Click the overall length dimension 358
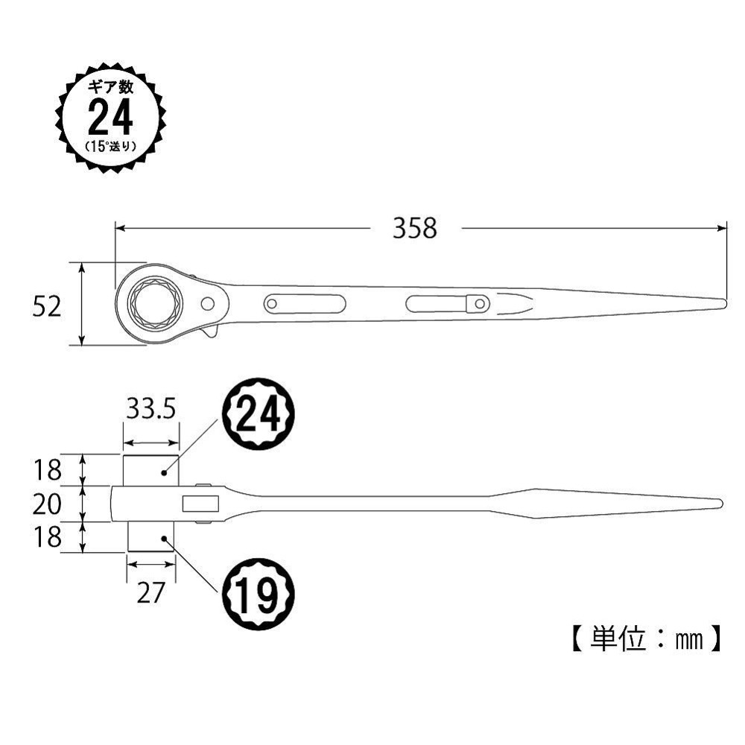click(x=416, y=229)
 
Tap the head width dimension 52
click(x=46, y=305)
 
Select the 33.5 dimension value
click(x=151, y=410)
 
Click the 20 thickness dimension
click(x=46, y=505)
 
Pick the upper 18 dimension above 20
click(x=46, y=471)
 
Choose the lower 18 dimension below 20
click(x=46, y=537)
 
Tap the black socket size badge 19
click(x=259, y=594)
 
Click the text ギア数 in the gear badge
click(x=110, y=87)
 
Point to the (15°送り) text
click(x=111, y=145)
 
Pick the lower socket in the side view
click(x=150, y=537)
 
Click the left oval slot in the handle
click(x=304, y=303)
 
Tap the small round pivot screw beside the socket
click(x=209, y=303)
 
